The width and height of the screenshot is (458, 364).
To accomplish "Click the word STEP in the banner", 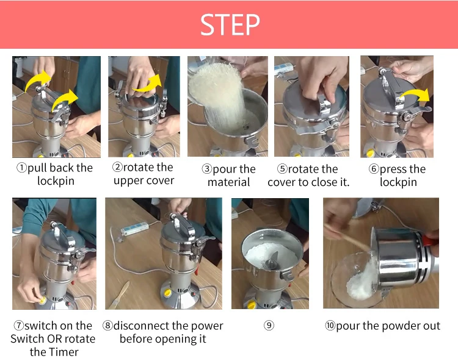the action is (x=230, y=25).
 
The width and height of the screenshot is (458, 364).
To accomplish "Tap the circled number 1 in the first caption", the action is (x=21, y=168).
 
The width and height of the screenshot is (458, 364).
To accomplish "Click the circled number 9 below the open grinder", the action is (x=269, y=325).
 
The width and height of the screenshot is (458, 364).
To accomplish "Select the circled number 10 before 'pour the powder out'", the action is (x=330, y=325).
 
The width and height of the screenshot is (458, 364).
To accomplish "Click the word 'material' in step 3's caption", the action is (x=229, y=182).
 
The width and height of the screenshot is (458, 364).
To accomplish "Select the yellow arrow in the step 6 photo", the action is (x=415, y=95).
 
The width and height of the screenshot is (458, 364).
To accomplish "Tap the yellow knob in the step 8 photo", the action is (x=168, y=293).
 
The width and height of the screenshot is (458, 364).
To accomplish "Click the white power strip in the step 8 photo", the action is (x=135, y=228).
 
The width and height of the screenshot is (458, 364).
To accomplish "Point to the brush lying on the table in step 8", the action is (x=120, y=294).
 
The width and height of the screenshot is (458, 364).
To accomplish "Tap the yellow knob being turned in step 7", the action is (x=42, y=300).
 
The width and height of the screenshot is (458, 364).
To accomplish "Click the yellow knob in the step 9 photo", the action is (x=252, y=305).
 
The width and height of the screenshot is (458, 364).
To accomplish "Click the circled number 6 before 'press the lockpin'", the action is (x=374, y=168).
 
